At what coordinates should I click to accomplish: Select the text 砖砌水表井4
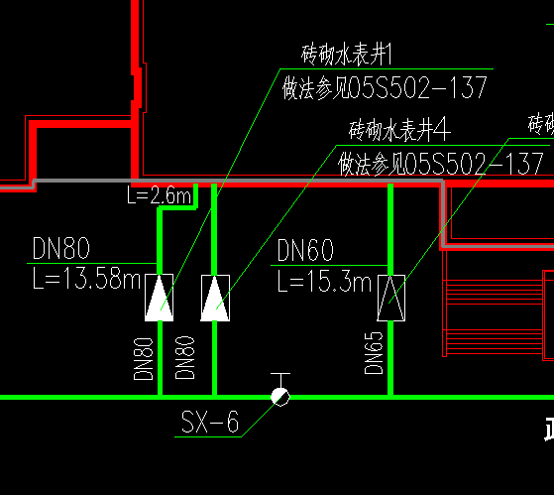(x=400, y=129)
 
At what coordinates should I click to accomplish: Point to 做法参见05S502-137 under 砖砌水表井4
(x=441, y=163)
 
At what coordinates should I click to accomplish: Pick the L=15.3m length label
(x=323, y=282)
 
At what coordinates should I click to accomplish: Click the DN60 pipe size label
(x=305, y=250)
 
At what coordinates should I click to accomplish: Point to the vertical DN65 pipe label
(x=375, y=351)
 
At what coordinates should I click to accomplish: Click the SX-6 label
(x=210, y=423)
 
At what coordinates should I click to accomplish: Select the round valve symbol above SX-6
(x=281, y=397)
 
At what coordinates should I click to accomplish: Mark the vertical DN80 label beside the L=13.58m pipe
(x=144, y=358)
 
